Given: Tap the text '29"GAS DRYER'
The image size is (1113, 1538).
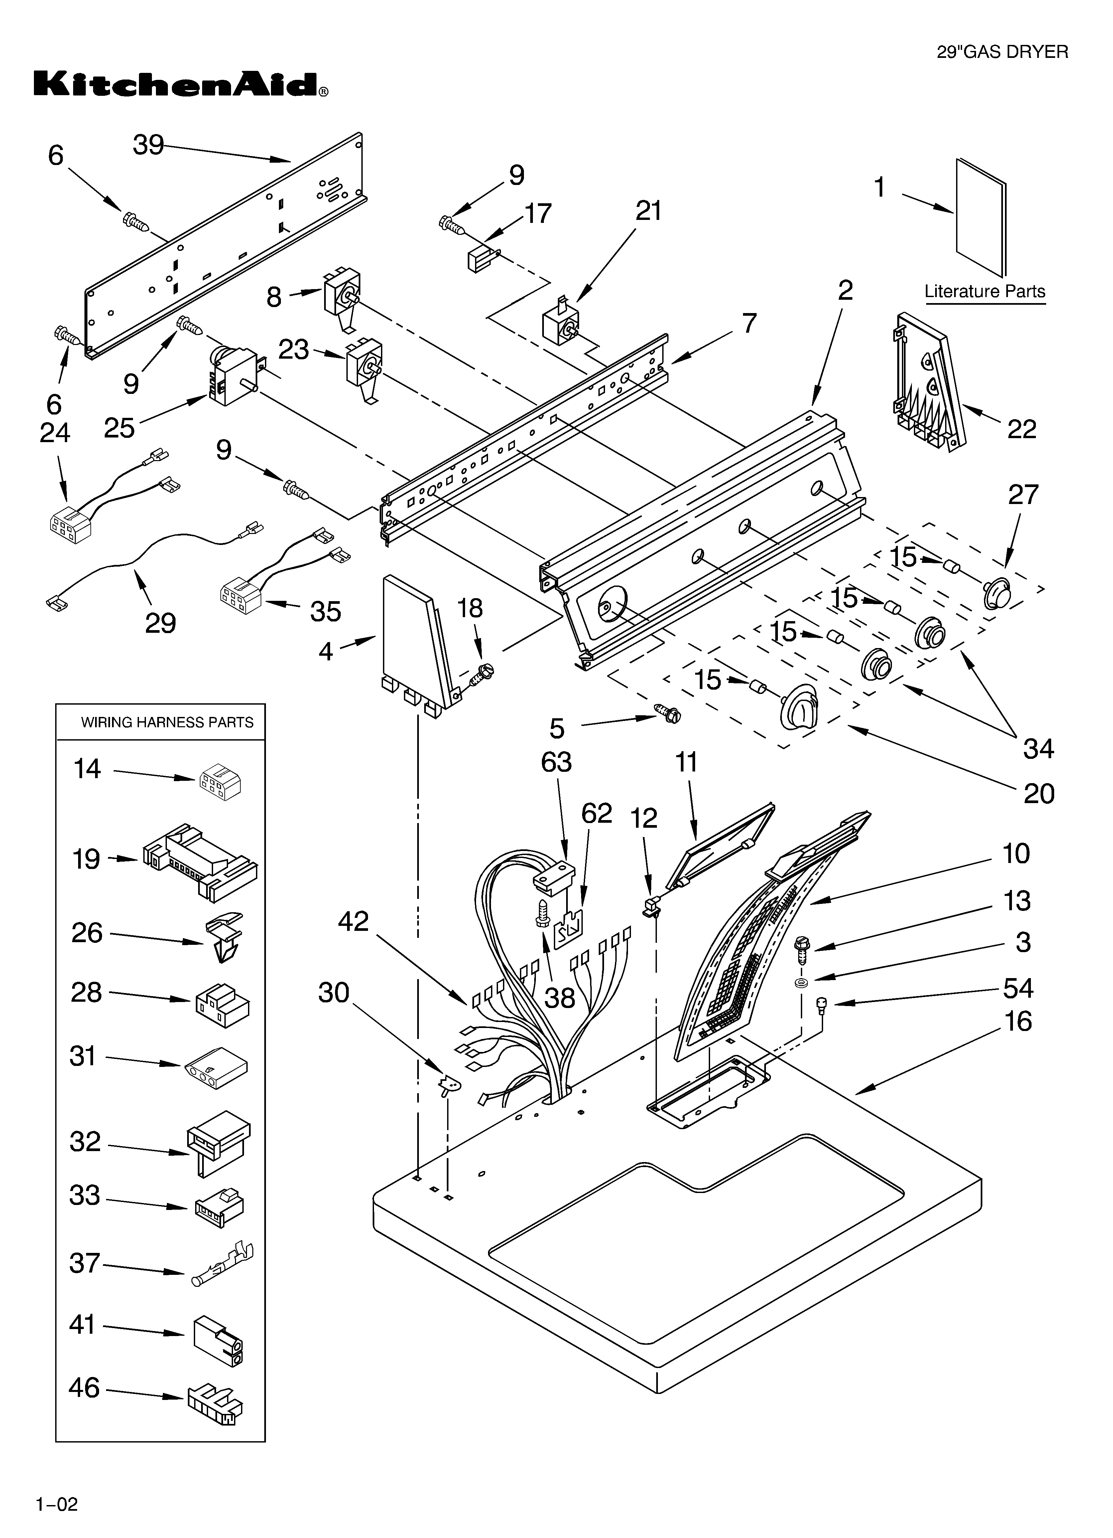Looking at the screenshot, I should click(1002, 52).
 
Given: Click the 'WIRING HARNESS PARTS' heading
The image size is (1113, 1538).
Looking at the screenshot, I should click(167, 722).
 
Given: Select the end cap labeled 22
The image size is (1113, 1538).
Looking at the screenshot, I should click(925, 383).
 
